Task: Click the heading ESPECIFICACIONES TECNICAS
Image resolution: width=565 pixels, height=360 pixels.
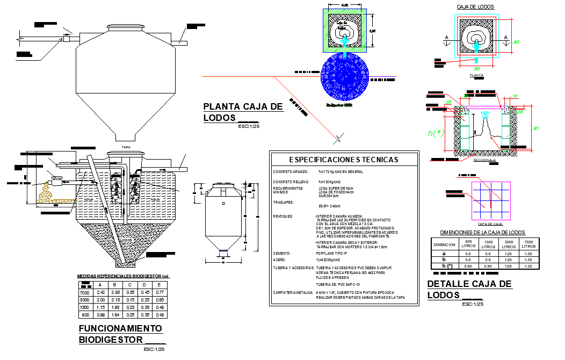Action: (x=344, y=160)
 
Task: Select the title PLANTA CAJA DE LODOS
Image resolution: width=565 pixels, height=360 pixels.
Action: (x=243, y=112)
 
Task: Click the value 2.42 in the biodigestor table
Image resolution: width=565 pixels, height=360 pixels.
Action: (x=100, y=292)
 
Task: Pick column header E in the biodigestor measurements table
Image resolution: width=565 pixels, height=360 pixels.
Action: (x=160, y=285)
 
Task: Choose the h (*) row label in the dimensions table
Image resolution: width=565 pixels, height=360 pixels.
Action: (x=444, y=266)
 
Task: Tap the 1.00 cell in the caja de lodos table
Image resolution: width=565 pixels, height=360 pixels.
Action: (x=508, y=266)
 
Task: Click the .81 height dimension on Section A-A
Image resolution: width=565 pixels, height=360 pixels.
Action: (x=535, y=128)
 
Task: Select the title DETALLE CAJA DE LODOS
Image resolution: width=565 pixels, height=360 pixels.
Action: (x=469, y=290)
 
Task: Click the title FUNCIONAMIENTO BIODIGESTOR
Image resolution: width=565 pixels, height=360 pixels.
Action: (x=120, y=334)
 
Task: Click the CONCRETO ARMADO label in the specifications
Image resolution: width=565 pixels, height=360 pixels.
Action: (x=290, y=172)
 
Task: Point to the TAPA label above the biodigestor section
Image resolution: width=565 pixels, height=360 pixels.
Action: (x=126, y=147)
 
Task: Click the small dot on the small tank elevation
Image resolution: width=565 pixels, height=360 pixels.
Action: (x=223, y=204)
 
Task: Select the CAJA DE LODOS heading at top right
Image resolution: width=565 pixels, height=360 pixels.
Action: (x=475, y=6)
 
